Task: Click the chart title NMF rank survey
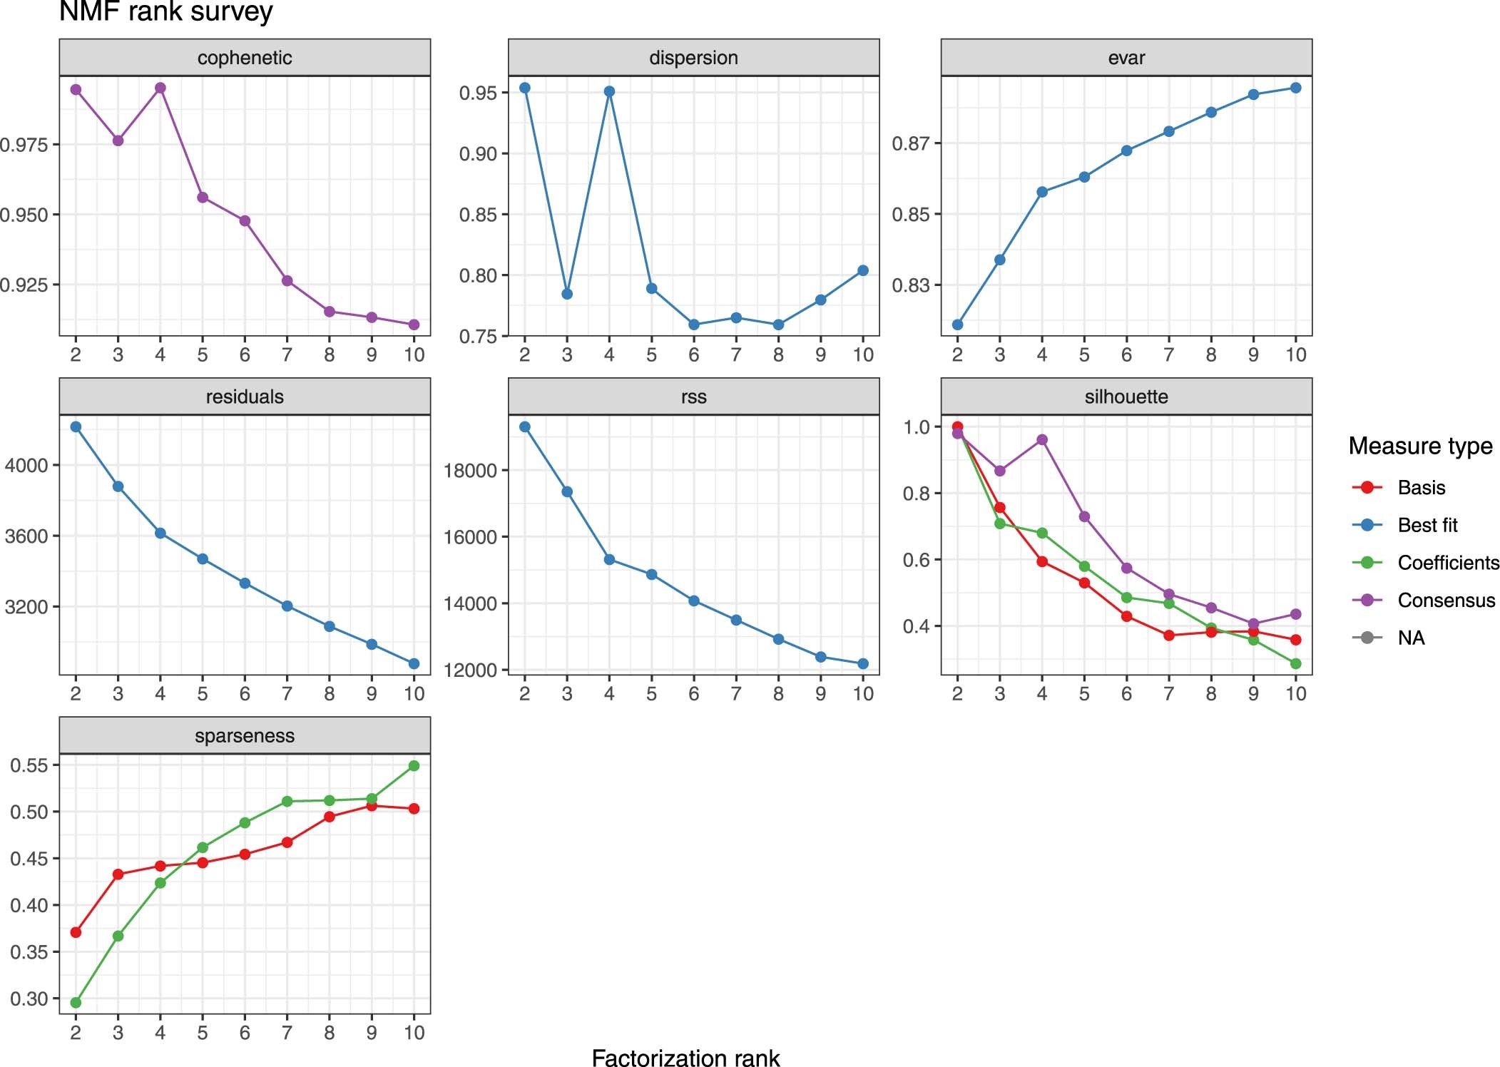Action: (x=165, y=11)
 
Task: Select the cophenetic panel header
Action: (x=245, y=58)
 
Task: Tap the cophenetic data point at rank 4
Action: (x=160, y=88)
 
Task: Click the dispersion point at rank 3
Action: (x=567, y=294)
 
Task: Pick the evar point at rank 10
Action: (x=1295, y=88)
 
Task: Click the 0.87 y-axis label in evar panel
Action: (x=911, y=144)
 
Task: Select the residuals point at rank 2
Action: (x=76, y=427)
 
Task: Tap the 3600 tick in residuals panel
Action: (x=27, y=536)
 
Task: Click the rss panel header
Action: (x=693, y=397)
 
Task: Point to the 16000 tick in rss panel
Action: (x=470, y=537)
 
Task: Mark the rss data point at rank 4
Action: (x=609, y=560)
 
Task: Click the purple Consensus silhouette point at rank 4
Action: (x=1042, y=439)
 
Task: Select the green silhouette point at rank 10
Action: (x=1295, y=663)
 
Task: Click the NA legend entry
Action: (x=1410, y=638)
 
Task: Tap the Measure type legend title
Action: (x=1420, y=446)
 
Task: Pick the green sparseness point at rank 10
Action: (x=414, y=766)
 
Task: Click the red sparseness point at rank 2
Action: (x=76, y=932)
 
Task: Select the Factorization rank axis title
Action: (x=685, y=1058)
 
